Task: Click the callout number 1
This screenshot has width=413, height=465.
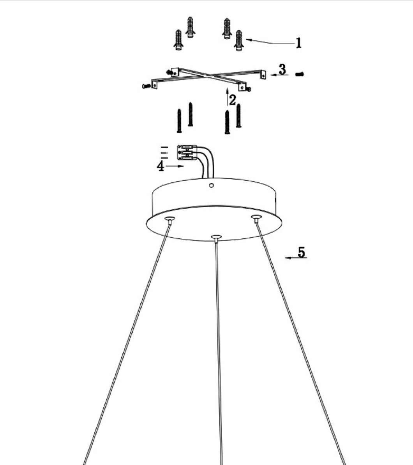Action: point(298,43)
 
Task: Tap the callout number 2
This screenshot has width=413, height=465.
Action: point(232,100)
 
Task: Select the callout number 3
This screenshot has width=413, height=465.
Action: point(282,69)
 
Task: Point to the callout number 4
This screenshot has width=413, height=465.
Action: point(161,166)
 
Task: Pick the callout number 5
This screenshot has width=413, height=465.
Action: point(301,252)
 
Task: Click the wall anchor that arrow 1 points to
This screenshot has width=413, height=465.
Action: point(238,40)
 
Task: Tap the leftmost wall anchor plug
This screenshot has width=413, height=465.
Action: point(178,40)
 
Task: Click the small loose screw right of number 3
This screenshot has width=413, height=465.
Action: point(300,74)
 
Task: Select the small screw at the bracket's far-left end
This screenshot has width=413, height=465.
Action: point(146,86)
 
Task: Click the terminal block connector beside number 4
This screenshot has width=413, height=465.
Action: point(187,153)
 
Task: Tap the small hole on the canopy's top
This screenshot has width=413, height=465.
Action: point(211,185)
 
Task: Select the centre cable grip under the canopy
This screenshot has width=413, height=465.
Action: point(216,238)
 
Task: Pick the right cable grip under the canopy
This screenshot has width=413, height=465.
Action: point(256,219)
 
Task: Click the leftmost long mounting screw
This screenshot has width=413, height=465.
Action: point(179,121)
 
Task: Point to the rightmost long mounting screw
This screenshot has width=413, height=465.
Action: point(238,115)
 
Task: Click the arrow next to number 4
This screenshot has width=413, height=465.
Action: point(175,166)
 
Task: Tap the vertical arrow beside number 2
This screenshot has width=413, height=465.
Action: point(227,97)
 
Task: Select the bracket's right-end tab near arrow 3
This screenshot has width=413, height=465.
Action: point(263,75)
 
